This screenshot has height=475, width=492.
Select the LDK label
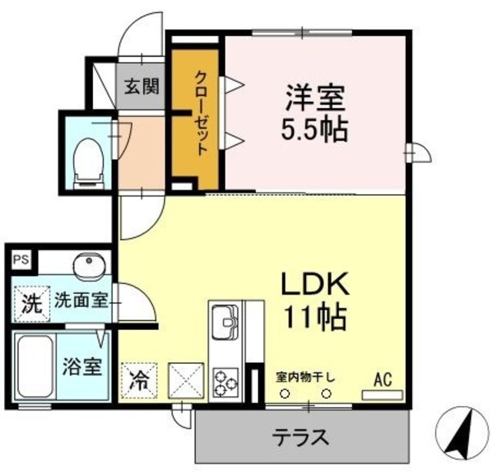[x=314, y=285]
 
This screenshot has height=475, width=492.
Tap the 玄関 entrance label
[x=141, y=86]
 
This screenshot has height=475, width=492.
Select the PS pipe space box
[x=20, y=260]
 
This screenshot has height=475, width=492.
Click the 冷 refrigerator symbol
[x=139, y=379]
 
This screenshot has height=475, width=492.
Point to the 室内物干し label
[x=305, y=377]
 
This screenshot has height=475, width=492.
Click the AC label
[x=383, y=378]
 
